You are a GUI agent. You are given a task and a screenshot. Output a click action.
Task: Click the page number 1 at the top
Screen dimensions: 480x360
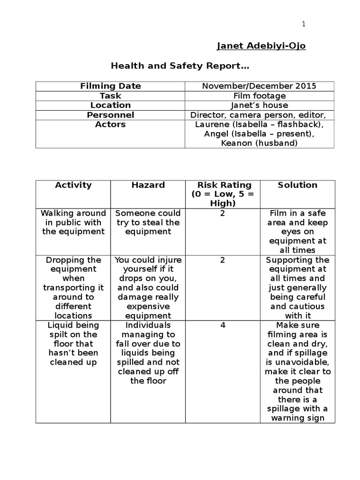tap(304, 24)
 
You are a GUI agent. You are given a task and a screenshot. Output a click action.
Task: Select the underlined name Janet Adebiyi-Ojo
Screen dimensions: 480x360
tap(261, 46)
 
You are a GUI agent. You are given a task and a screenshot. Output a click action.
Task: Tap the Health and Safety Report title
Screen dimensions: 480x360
tap(180, 66)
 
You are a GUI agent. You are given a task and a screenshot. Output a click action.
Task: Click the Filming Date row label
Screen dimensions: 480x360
tap(110, 86)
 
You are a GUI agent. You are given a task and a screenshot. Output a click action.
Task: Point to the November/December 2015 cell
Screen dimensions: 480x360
tap(259, 86)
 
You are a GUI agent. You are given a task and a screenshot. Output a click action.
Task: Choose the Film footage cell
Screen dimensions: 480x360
tap(259, 96)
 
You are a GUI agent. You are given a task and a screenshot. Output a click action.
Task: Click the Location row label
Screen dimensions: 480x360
tap(110, 105)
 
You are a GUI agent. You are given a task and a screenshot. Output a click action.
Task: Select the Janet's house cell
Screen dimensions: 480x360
tap(259, 105)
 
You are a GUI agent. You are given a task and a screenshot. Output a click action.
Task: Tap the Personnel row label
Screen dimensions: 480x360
tap(110, 115)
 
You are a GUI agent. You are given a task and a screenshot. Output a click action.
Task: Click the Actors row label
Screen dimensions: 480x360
tap(110, 124)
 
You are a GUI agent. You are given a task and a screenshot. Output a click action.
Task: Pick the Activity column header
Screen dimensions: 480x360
tap(73, 185)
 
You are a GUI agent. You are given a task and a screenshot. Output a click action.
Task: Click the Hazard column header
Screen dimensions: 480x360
tap(148, 185)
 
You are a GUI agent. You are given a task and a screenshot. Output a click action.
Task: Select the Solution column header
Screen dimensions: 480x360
tap(297, 185)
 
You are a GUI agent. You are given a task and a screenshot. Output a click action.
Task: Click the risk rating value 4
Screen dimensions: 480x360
tap(223, 325)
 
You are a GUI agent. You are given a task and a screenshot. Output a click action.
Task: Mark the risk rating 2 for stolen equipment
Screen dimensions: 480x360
tap(223, 213)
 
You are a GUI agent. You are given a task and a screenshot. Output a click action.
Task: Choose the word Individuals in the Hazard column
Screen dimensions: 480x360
tap(148, 325)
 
